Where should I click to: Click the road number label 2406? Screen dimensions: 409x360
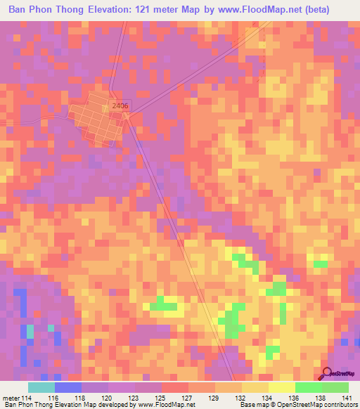pos(120,105)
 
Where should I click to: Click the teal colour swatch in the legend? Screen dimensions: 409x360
pos(41,387)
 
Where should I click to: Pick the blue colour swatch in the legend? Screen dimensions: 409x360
pos(68,387)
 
